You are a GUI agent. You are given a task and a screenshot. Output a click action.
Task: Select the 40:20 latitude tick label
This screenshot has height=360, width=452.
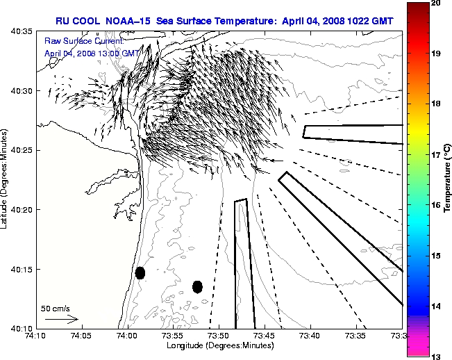23,210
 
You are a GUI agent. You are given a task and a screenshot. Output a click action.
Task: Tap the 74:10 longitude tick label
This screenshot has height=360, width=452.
35,336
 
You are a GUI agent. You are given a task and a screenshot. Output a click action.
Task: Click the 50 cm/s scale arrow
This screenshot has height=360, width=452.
61,319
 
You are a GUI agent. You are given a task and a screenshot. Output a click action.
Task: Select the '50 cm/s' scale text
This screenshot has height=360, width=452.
56,308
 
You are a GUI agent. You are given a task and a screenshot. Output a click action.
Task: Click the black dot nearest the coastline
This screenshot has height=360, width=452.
140,272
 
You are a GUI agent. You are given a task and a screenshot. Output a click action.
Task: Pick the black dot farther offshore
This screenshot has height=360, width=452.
197,286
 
